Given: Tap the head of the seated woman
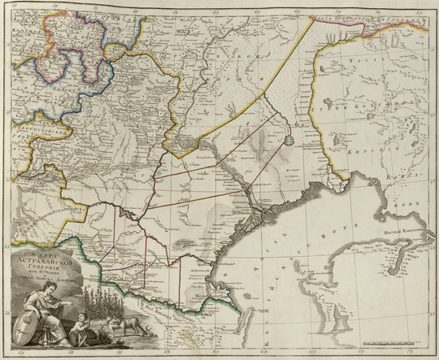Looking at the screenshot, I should click(x=58, y=300).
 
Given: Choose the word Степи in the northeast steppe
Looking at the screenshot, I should click(x=380, y=103).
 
